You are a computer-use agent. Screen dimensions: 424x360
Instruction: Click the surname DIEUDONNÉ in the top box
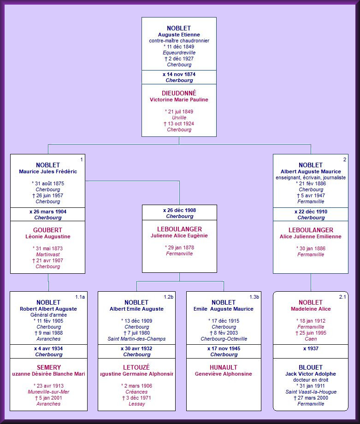click(x=179, y=93)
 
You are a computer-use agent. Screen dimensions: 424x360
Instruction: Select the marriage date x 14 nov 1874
click(x=179, y=74)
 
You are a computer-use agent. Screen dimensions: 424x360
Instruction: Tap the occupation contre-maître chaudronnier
click(x=179, y=41)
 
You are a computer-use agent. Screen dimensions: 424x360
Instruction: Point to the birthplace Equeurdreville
click(x=179, y=53)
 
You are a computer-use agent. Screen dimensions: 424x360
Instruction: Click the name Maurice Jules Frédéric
click(x=48, y=171)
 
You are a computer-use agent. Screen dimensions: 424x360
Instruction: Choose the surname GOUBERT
click(x=47, y=230)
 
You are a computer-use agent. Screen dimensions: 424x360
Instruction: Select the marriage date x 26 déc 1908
click(x=179, y=210)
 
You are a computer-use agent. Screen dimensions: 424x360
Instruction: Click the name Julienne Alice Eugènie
click(x=179, y=236)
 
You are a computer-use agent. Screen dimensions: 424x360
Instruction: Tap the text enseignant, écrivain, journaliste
click(x=311, y=177)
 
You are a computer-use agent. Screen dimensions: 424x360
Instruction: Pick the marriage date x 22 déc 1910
click(x=311, y=212)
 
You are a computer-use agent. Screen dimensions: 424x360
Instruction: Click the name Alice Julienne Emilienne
click(x=311, y=236)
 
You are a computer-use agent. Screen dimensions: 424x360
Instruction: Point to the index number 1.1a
click(x=80, y=297)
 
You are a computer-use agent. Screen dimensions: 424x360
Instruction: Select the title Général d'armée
click(x=48, y=315)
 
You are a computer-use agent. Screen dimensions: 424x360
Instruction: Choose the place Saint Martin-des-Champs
click(x=136, y=339)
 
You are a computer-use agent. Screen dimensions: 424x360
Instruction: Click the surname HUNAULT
click(x=224, y=367)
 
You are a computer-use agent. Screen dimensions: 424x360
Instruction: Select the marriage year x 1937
click(x=311, y=348)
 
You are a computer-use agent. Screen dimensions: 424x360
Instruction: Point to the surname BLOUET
click(x=311, y=367)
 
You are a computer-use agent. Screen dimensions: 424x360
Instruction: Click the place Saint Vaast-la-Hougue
click(x=311, y=392)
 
